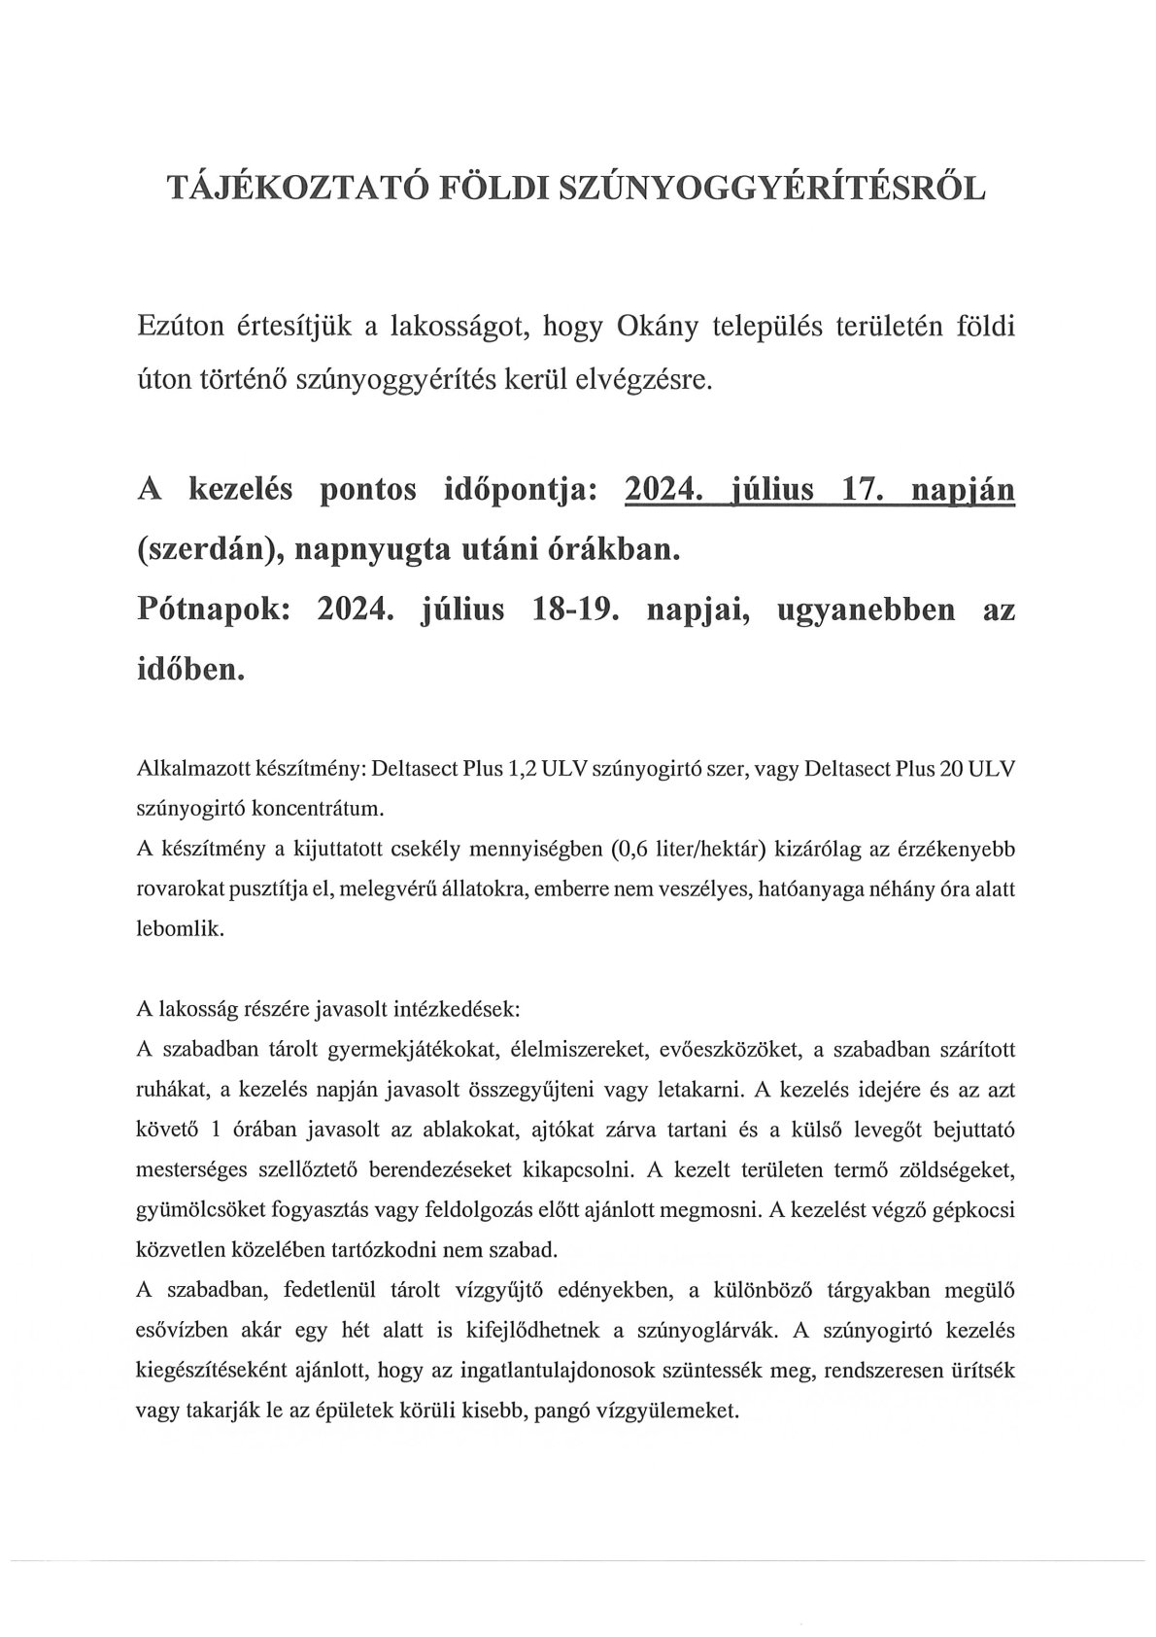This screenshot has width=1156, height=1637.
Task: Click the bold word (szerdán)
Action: coord(197,551)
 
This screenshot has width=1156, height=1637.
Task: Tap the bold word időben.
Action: coord(189,672)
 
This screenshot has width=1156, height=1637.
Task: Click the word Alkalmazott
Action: coord(186,770)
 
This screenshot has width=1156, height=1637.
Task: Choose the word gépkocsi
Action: coord(978,1209)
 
